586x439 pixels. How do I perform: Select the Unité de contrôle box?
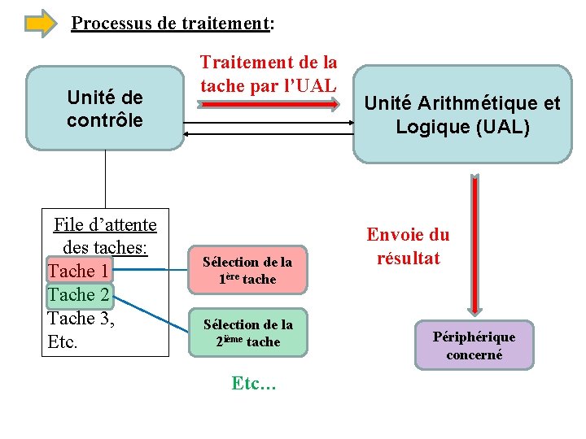pyautogui.click(x=105, y=108)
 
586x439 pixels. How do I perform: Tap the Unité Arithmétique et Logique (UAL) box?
pyautogui.click(x=462, y=115)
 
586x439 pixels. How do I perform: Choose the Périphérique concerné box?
pyautogui.click(x=474, y=346)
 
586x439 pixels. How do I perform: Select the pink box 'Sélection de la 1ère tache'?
pyautogui.click(x=247, y=270)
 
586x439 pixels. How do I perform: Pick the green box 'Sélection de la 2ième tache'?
pyautogui.click(x=248, y=333)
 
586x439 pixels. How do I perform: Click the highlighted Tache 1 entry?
pyautogui.click(x=79, y=270)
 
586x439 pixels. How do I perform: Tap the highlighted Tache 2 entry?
pyautogui.click(x=79, y=293)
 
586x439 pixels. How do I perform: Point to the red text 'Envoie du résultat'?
pyautogui.click(x=408, y=246)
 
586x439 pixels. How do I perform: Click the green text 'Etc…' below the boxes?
pyautogui.click(x=254, y=383)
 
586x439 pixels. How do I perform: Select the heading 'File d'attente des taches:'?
pyautogui.click(x=105, y=234)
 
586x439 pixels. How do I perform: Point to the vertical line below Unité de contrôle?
pyautogui.click(x=106, y=179)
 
